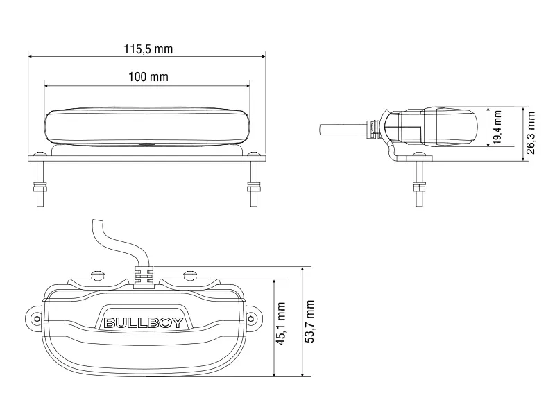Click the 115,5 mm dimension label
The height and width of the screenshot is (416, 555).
[148, 49]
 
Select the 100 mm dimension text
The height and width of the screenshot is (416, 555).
[148, 77]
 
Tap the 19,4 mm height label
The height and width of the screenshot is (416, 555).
[497, 126]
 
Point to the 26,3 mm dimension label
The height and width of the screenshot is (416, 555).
[532, 135]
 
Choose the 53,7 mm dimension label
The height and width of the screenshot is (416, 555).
[310, 322]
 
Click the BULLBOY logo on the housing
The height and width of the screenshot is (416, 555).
[143, 322]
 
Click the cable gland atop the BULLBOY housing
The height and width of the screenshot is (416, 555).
[143, 275]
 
